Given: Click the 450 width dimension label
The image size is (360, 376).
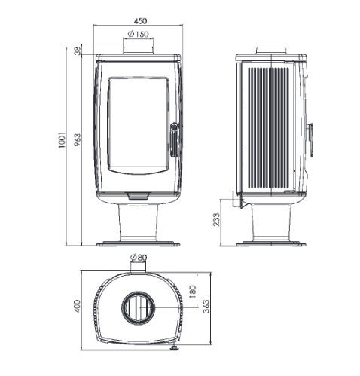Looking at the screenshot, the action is coord(140,21).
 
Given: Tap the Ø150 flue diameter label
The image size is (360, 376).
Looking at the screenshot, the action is coord(138,34).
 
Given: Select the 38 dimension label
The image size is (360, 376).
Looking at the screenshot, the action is coord(78,51).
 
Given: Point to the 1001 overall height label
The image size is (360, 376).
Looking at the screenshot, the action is coord(62,139).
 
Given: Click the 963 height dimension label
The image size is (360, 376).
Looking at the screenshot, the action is coord(78,140).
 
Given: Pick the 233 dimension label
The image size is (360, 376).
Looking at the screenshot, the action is coord(216,219).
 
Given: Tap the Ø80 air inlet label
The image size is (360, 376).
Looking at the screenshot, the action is coord(139,257).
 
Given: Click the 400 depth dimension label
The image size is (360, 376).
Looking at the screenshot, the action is coord(78,306).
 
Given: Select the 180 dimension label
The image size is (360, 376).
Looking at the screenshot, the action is coord(193,291).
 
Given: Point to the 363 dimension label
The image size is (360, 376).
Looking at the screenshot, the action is coord(206,307).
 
